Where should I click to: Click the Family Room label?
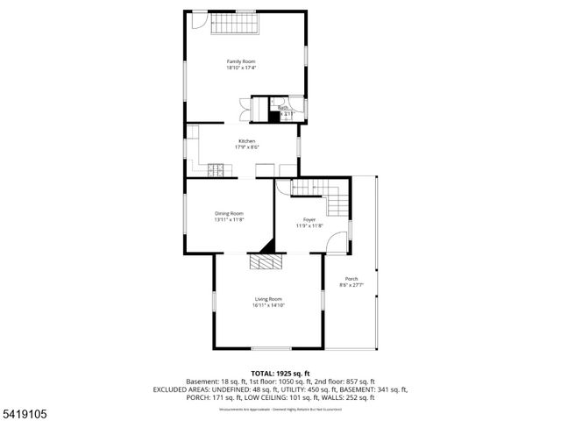(241, 61)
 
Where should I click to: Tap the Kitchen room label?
(246, 141)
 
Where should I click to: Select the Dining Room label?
(229, 213)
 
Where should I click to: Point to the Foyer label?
(309, 219)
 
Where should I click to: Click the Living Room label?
(268, 299)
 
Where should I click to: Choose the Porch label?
(351, 279)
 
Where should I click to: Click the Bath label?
(283, 108)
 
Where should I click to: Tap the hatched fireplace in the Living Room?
(264, 261)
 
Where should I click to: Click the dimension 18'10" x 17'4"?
(241, 68)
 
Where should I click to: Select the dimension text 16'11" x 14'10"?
(268, 305)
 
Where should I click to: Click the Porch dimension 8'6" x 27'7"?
(351, 285)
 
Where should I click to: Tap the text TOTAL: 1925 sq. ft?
(280, 374)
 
